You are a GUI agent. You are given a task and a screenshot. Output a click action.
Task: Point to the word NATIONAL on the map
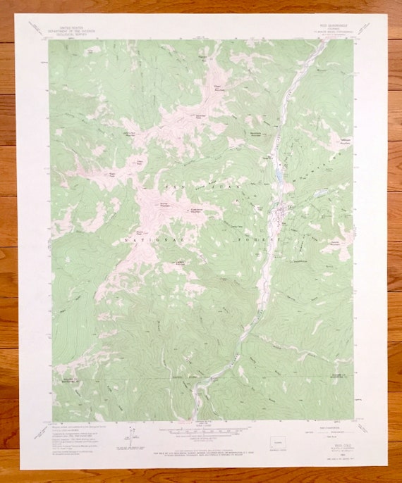147,239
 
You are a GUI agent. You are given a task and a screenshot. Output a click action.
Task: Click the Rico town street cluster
285,212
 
